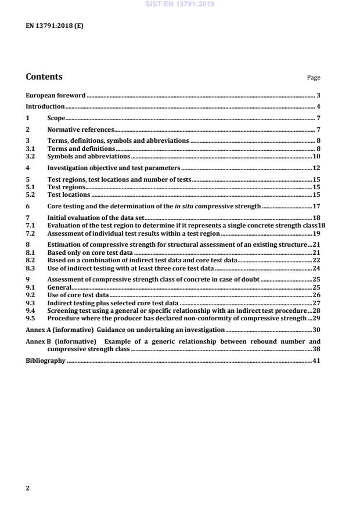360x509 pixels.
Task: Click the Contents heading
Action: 45,77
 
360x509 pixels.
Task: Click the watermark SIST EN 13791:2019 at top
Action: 179,3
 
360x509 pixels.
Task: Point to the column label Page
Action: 314,78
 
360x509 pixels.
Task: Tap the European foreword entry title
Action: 56,95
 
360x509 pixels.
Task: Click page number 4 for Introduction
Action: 318,107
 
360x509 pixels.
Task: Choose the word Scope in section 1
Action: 56,118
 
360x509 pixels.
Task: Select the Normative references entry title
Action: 81,130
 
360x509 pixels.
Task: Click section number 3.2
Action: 31,157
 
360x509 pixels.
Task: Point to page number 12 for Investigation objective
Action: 317,168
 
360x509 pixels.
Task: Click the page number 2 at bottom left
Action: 27,488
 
